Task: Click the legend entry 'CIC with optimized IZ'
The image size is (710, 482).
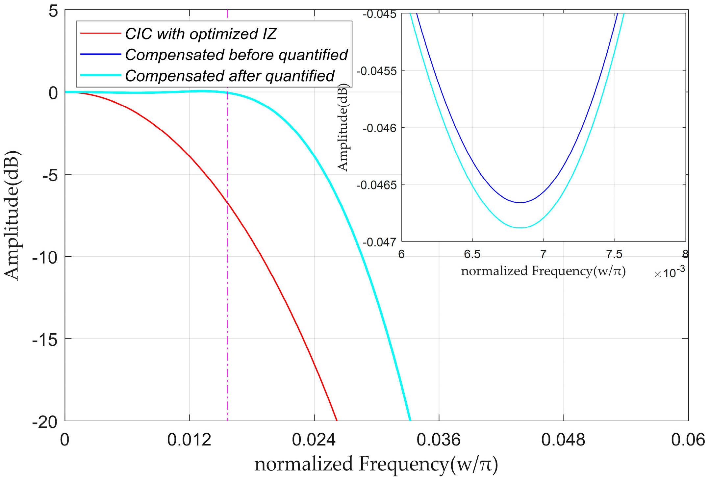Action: click(x=201, y=34)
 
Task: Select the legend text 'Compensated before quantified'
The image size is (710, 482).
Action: click(x=236, y=55)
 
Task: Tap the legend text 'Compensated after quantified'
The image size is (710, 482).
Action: click(x=230, y=76)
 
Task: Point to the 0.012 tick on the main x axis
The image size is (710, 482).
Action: click(x=189, y=440)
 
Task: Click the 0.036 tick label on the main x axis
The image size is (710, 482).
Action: click(x=439, y=440)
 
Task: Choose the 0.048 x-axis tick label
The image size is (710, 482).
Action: click(x=563, y=440)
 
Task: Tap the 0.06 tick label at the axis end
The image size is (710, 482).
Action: click(x=688, y=440)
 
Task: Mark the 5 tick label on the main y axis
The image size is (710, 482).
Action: click(x=53, y=11)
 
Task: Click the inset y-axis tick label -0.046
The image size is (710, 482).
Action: click(x=379, y=128)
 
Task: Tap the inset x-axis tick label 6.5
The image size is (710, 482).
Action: click(x=472, y=254)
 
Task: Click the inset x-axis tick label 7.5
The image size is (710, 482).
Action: click(x=614, y=254)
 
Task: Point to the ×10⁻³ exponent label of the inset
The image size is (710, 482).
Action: click(x=670, y=273)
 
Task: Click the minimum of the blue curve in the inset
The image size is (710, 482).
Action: click(x=520, y=202)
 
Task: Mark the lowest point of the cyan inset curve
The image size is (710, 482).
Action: click(x=521, y=228)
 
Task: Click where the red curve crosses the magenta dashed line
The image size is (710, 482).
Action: click(x=227, y=202)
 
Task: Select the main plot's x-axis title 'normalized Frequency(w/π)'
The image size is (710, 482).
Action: click(x=376, y=464)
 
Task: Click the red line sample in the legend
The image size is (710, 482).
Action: click(x=101, y=34)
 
